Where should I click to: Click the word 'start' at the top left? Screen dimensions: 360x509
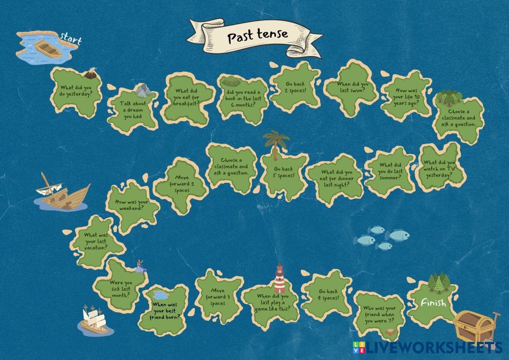[71, 38]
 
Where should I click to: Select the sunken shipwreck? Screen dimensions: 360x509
[61, 193]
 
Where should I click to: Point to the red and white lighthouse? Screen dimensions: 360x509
[279, 279]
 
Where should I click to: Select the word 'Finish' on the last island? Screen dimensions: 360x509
[433, 303]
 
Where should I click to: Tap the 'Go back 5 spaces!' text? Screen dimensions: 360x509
[284, 173]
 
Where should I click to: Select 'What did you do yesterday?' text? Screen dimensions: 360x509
[76, 90]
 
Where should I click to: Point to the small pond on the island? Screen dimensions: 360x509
[159, 295]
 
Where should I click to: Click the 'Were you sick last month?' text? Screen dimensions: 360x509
[121, 288]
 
